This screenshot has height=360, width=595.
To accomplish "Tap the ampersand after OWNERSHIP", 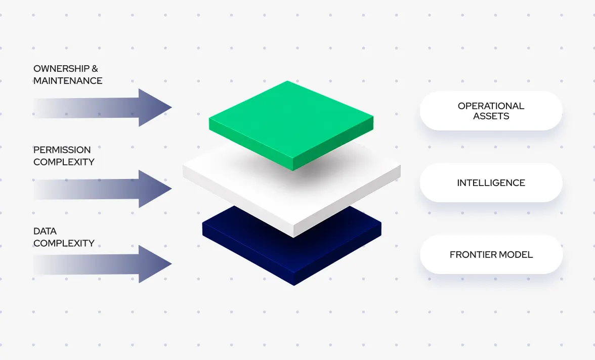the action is click(x=95, y=69).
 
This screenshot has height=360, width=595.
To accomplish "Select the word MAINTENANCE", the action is click(x=68, y=81).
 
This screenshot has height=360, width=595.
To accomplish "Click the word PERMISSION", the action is click(x=62, y=150).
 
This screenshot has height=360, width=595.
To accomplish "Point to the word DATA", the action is click(x=45, y=231).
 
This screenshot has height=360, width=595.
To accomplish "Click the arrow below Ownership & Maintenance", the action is click(x=102, y=108).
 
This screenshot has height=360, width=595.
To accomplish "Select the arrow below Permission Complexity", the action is click(x=102, y=189).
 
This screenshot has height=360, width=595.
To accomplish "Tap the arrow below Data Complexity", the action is click(x=102, y=264).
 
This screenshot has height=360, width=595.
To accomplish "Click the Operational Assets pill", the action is click(x=491, y=111).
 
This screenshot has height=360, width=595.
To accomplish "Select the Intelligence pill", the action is click(x=491, y=183).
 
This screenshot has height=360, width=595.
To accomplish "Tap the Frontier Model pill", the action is click(x=491, y=254).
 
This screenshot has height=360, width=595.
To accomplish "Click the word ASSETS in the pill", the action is click(x=491, y=116).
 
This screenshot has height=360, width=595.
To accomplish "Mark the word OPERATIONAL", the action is click(x=491, y=106).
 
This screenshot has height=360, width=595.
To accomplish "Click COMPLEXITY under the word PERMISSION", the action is click(x=64, y=162).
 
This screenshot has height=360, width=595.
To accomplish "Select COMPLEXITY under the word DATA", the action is click(x=64, y=243).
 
